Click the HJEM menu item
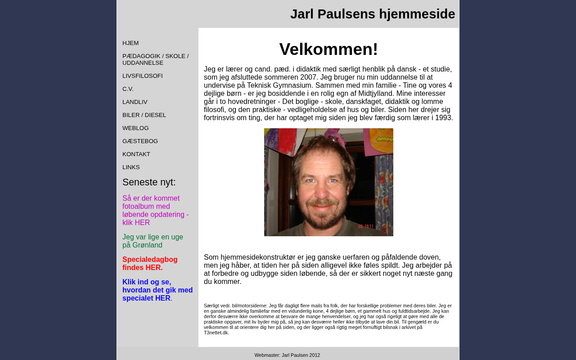coord(130,43)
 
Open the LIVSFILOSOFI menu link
coord(142,76)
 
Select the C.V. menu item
coord(128,89)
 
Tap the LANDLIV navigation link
coord(135,102)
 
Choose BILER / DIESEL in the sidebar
coord(144,115)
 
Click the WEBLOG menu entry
coord(135,128)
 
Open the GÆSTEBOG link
coord(140,141)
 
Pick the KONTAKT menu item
coord(136,154)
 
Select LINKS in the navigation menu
coord(131,167)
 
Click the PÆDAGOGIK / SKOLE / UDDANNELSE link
coord(155,59)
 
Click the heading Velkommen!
coord(328,49)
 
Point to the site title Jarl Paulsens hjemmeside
coord(373,14)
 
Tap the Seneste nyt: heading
coord(149,182)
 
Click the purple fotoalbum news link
coord(155,211)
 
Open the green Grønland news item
coord(153,241)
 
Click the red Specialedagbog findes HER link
coord(150,264)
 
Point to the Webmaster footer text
coord(287,355)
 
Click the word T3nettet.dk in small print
coord(216,333)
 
